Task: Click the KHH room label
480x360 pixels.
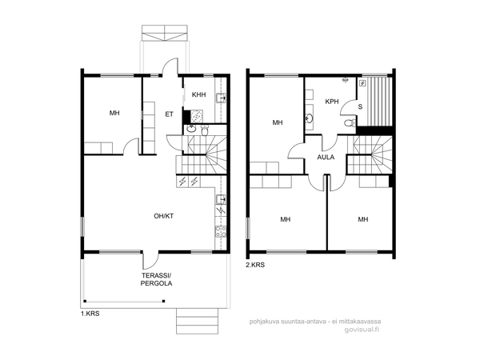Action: [198, 94]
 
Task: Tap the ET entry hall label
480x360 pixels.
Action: [170, 114]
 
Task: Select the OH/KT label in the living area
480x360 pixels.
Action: [163, 216]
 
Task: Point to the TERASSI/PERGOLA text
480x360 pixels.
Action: [156, 279]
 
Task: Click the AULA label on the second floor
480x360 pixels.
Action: [326, 158]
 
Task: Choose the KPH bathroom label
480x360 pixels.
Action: [332, 102]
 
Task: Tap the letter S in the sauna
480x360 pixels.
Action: [360, 107]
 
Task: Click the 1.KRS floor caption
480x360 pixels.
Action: [90, 314]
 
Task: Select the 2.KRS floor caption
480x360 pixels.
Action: [255, 265]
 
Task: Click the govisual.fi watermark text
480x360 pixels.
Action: [362, 330]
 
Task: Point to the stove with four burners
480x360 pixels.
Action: [221, 231]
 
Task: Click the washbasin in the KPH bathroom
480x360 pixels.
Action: [309, 118]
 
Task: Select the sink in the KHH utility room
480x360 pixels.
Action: [221, 98]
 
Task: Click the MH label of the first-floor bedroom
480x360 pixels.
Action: [114, 114]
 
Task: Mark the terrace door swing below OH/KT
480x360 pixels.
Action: [150, 260]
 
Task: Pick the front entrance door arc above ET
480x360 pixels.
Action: [170, 66]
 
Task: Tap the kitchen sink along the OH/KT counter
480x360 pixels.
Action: [221, 199]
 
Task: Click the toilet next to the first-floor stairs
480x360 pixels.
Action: [205, 130]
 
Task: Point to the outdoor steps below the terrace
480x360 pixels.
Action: [197, 321]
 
